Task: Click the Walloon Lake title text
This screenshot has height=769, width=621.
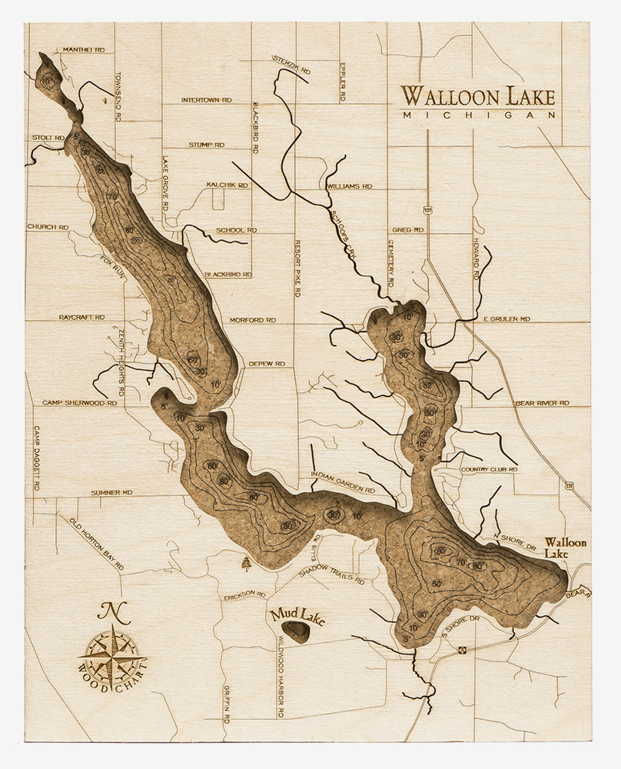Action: pyautogui.click(x=477, y=97)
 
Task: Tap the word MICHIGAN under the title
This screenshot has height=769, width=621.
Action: pyautogui.click(x=479, y=115)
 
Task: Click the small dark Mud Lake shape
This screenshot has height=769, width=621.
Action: pyautogui.click(x=296, y=632)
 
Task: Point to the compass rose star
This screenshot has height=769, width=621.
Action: pyautogui.click(x=112, y=654)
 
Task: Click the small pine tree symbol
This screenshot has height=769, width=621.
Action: pyautogui.click(x=246, y=564)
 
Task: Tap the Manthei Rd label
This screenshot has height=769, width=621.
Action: pyautogui.click(x=83, y=49)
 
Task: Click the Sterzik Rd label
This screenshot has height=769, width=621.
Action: pyautogui.click(x=291, y=68)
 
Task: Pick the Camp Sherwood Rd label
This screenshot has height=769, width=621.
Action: pyautogui.click(x=79, y=402)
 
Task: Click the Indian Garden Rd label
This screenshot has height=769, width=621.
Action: pyautogui.click(x=343, y=482)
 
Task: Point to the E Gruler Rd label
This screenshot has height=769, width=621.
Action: pyautogui.click(x=506, y=318)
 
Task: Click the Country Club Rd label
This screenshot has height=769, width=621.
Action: pyautogui.click(x=483, y=469)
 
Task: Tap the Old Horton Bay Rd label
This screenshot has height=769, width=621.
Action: pyautogui.click(x=96, y=544)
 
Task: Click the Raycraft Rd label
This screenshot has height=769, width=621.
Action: pyautogui.click(x=81, y=317)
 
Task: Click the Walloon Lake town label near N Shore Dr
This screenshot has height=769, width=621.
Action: pyautogui.click(x=565, y=548)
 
